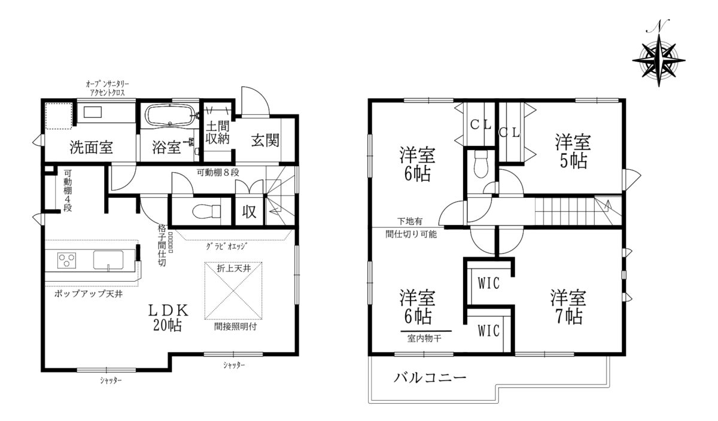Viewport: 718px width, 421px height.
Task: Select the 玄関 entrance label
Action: pyautogui.click(x=265, y=141)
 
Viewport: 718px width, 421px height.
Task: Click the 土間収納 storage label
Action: pyautogui.click(x=218, y=132)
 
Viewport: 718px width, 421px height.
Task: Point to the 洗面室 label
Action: pyautogui.click(x=92, y=147)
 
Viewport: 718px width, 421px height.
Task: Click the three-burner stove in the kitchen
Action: pyautogui.click(x=66, y=260)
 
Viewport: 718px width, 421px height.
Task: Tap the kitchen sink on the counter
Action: pyautogui.click(x=108, y=260)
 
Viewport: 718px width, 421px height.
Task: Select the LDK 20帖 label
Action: pyautogui.click(x=168, y=318)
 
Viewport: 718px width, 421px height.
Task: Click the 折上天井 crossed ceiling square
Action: pyautogui.click(x=233, y=291)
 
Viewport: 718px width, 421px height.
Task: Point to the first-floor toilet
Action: pyautogui.click(x=207, y=212)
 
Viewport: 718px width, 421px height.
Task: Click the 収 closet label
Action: pyautogui.click(x=249, y=212)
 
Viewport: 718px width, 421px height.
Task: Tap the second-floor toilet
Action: pyautogui.click(x=480, y=164)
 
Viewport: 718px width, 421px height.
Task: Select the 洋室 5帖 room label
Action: pyautogui.click(x=573, y=151)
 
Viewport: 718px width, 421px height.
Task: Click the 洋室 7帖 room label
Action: pyautogui.click(x=568, y=307)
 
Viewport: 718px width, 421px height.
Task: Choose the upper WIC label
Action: pyautogui.click(x=488, y=283)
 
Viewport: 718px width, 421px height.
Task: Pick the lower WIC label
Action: pyautogui.click(x=488, y=331)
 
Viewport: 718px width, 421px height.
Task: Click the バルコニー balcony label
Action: pyautogui.click(x=430, y=378)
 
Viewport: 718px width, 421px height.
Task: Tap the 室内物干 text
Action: pyautogui.click(x=424, y=338)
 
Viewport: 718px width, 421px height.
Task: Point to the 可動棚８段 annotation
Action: pyautogui.click(x=218, y=173)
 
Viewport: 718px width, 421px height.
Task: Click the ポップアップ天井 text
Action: pyautogui.click(x=89, y=294)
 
